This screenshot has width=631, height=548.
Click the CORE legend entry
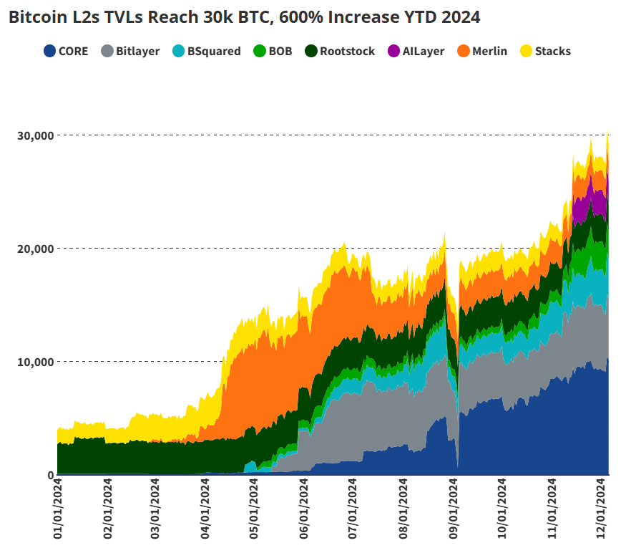66,51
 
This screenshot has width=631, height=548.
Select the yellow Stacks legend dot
526,51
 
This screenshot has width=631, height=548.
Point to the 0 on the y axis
49,475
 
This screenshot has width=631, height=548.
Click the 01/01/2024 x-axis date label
58,511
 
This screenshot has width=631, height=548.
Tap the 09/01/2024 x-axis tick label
452,511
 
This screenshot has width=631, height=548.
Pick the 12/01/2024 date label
601,511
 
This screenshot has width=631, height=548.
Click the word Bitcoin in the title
35,17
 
